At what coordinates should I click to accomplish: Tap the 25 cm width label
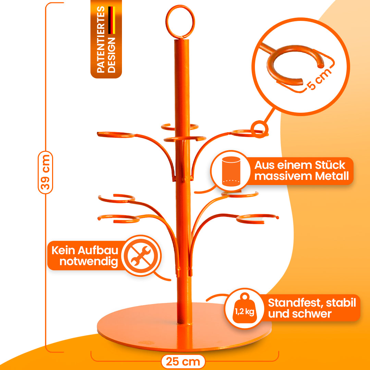[x=183, y=361]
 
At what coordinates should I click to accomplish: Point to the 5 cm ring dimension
[x=320, y=79]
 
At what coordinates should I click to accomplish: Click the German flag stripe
[x=112, y=21]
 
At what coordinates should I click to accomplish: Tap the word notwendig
[x=89, y=262]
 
